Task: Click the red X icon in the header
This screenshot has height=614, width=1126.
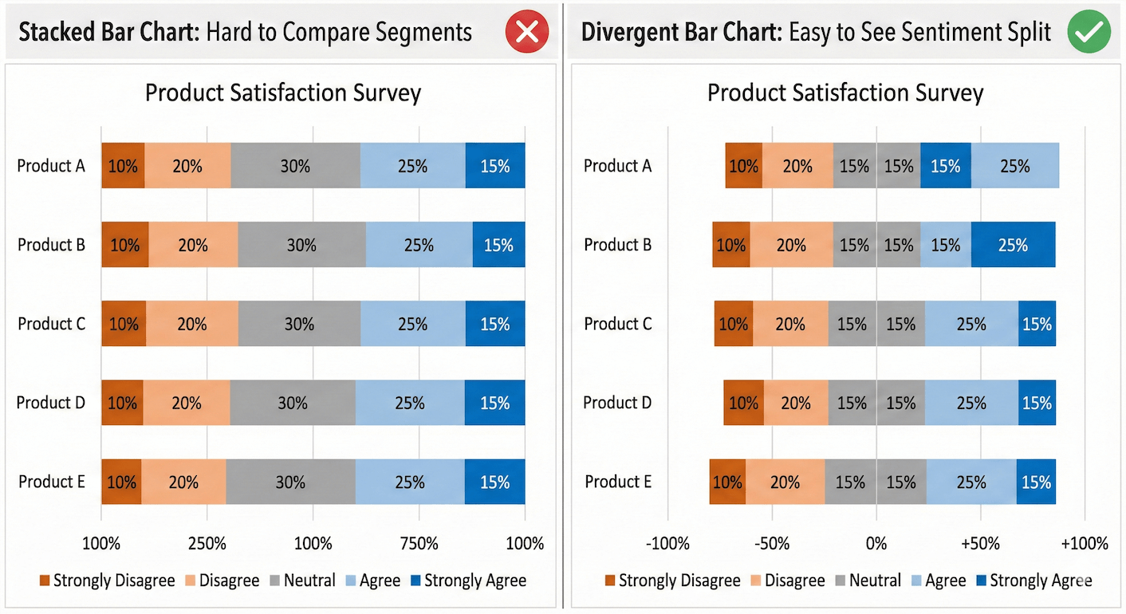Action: point(526,32)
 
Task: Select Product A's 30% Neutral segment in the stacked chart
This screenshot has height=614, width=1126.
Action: point(295,166)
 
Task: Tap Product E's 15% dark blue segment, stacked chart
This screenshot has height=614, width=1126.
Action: point(494,482)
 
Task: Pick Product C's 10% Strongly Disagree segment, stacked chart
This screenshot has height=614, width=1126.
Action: point(124,324)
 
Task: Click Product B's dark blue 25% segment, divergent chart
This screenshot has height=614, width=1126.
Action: point(1013,245)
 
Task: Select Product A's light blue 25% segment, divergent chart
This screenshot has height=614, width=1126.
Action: point(1014,166)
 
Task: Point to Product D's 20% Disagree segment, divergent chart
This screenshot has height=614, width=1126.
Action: point(795,403)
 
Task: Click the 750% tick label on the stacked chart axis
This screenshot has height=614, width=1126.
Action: point(419,544)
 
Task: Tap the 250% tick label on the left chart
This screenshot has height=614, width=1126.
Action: point(207,544)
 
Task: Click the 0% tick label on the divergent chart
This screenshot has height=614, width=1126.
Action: point(876,544)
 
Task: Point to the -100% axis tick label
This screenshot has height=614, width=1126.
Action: point(667,544)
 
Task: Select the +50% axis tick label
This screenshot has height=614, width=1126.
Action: point(980,544)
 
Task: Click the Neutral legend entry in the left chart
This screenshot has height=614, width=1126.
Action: point(302,581)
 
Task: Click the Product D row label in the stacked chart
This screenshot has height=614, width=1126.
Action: point(51,403)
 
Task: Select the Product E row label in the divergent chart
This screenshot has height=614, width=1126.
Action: point(618,482)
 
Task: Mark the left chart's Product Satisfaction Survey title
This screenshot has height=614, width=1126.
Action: point(282,93)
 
